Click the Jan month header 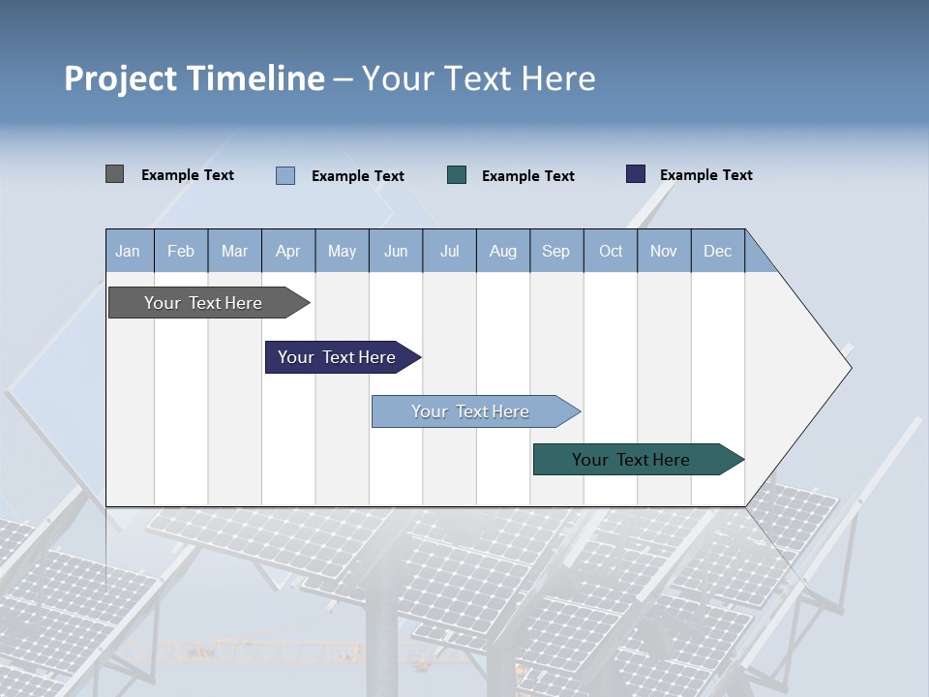coord(128,251)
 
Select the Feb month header coord(181,251)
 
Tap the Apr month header coord(287,251)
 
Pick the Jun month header coord(396,251)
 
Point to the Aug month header coord(502,251)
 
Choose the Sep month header coord(555,251)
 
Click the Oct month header coord(611,251)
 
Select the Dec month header coord(717,251)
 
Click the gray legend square coord(115,174)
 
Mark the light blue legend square coord(285,175)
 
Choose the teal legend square coord(457,175)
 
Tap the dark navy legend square coord(636,174)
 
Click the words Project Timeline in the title coord(194,78)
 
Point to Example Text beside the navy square coord(705,175)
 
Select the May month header coord(342,251)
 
